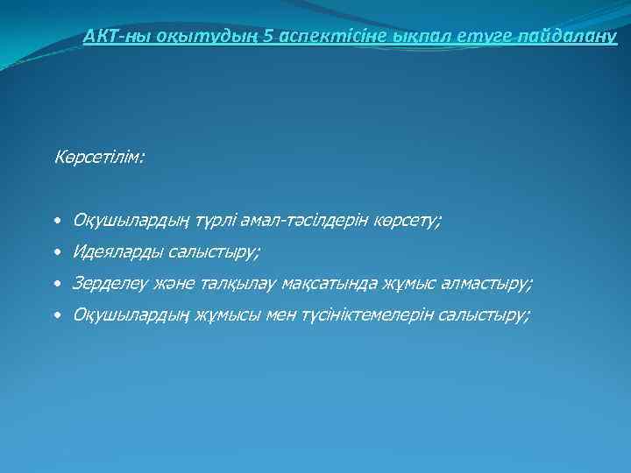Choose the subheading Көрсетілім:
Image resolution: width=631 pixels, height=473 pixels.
coord(99,159)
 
